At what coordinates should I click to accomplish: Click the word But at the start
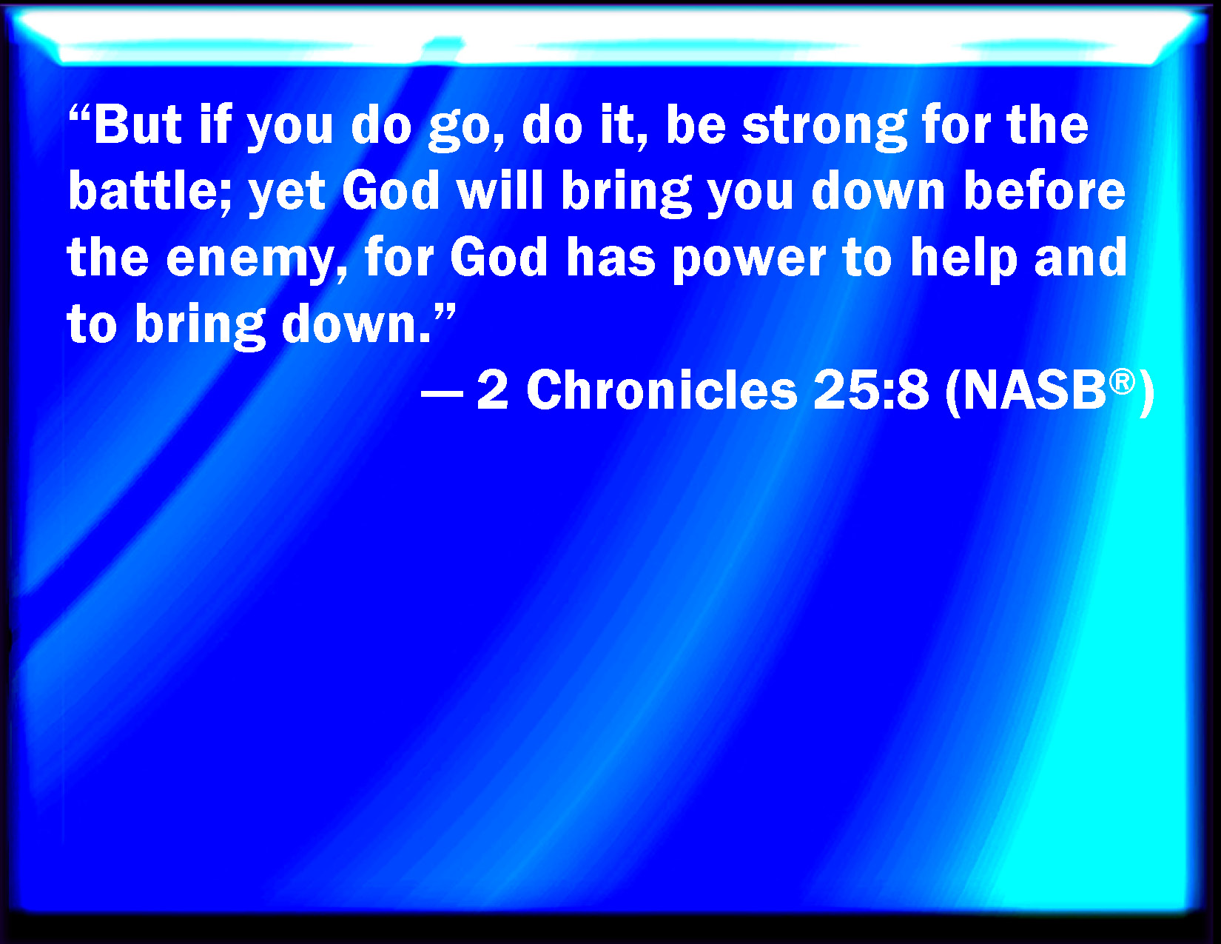pos(138,124)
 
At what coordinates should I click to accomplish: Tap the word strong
pos(824,129)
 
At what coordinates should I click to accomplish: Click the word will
pos(500,190)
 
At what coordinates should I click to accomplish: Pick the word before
pos(1045,190)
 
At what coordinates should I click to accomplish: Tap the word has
pos(610,257)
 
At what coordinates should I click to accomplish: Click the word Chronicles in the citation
pos(662,390)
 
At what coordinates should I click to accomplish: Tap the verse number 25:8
pos(870,390)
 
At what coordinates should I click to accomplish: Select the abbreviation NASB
pos(1035,391)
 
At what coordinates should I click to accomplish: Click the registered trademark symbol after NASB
pos(1122,382)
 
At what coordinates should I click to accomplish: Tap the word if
pos(215,124)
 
